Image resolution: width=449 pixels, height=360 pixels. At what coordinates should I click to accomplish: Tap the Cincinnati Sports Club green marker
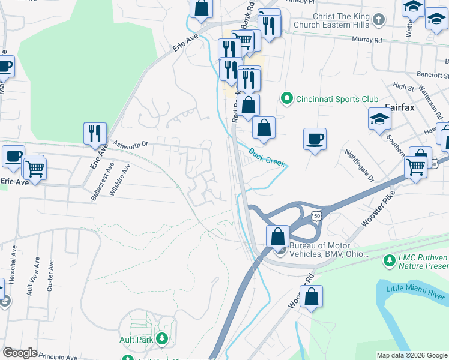[x=287, y=99]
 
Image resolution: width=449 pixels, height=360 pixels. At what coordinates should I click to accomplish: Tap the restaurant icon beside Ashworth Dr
[x=95, y=133]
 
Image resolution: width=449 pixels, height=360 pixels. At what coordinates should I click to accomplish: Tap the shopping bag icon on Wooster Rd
[x=311, y=296]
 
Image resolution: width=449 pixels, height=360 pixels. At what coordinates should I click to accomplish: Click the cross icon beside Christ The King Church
[x=378, y=20]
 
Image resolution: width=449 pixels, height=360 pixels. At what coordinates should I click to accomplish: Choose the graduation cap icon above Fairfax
[x=379, y=120]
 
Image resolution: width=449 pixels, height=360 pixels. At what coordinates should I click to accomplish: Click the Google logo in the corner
[x=20, y=353]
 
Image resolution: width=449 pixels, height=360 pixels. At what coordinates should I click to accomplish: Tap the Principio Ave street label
[x=58, y=356]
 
